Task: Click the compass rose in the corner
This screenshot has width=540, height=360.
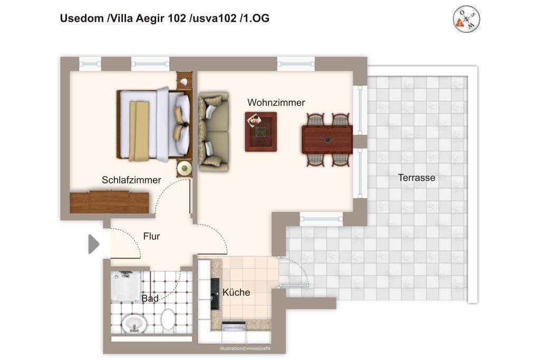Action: click(466, 19)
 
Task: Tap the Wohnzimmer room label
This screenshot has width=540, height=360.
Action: click(276, 103)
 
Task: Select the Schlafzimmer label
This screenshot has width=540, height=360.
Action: click(131, 180)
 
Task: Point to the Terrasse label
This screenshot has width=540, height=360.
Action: click(417, 178)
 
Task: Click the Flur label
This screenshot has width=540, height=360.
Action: click(151, 236)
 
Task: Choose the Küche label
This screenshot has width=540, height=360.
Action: click(236, 292)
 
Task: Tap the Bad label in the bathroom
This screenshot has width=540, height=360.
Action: click(150, 298)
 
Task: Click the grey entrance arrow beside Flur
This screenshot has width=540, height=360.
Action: click(94, 244)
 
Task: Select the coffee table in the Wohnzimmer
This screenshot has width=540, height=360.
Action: click(261, 132)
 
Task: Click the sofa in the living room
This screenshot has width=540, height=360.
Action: click(214, 131)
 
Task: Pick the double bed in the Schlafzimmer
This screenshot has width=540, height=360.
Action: click(154, 125)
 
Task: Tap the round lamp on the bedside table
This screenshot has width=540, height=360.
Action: click(185, 168)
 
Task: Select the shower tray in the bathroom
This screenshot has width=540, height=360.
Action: click(126, 286)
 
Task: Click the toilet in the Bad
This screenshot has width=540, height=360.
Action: click(168, 319)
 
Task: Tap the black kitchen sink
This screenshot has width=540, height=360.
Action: click(215, 294)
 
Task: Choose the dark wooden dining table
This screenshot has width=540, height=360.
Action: click(327, 139)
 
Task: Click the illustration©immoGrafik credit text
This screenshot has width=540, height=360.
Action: click(245, 348)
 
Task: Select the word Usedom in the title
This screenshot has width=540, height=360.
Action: click(82, 18)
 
